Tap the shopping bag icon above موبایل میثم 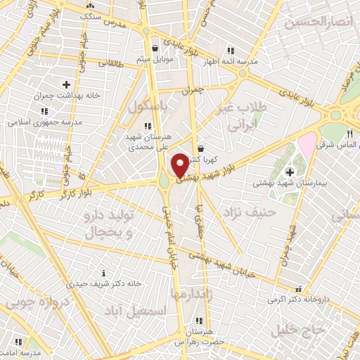click(x=155, y=49)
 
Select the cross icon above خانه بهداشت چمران click(x=67, y=84)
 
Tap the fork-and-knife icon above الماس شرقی click(x=349, y=134)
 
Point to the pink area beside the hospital click(x=307, y=148)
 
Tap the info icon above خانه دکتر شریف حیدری click(x=103, y=273)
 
